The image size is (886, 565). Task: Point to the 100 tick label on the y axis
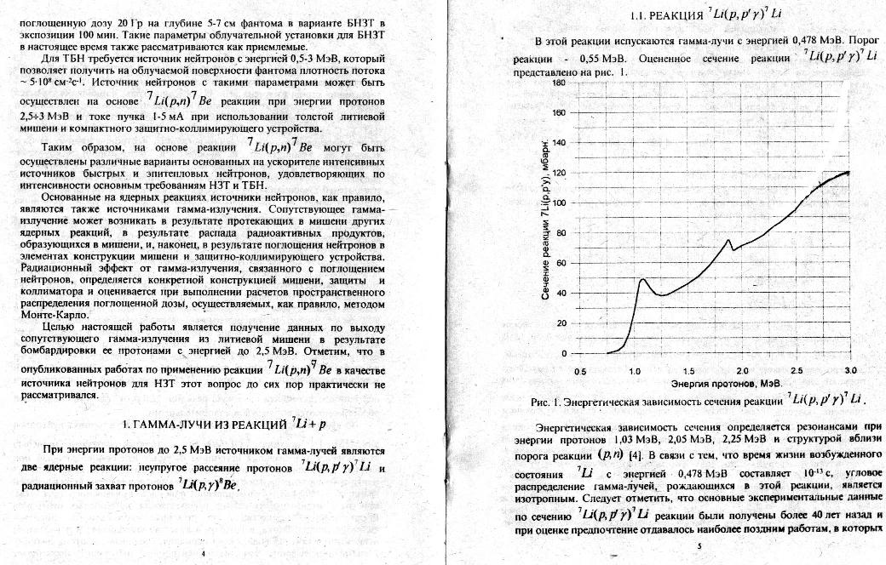pos(558,203)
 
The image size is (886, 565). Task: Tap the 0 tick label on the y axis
pos(562,354)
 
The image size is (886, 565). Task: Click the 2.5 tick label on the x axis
pos(797,372)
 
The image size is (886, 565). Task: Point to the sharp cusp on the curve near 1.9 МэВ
pos(728,240)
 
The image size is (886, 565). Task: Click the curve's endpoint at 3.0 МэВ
pos(850,172)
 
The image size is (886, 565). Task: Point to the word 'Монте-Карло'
pos(48,315)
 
